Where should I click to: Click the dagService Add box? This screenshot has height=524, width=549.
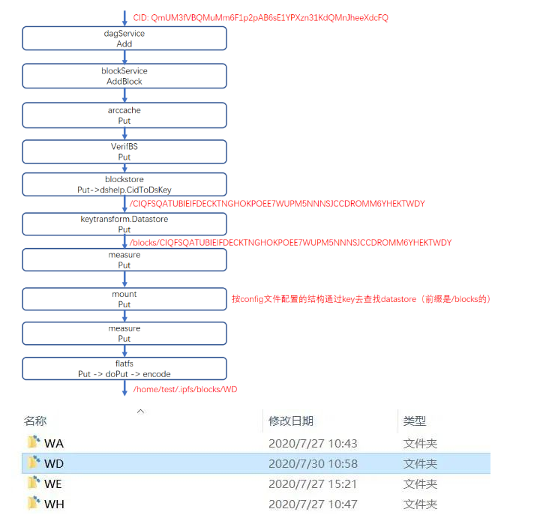(124, 39)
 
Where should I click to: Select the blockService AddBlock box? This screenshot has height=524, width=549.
(124, 76)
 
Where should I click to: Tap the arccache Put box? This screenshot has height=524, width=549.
(124, 115)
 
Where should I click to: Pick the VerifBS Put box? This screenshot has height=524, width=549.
(124, 151)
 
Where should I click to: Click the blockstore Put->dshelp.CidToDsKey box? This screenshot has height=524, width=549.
(124, 184)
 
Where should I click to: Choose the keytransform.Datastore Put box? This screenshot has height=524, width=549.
(124, 224)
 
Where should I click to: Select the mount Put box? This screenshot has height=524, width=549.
(124, 299)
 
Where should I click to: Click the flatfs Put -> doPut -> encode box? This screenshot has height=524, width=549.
(124, 368)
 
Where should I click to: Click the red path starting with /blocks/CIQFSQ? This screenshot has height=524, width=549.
(289, 243)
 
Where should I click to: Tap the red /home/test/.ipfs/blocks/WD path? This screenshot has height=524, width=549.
(185, 389)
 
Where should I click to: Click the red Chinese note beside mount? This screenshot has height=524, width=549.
(361, 299)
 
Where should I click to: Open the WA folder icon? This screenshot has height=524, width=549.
(33, 443)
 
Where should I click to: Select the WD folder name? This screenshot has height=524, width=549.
(54, 463)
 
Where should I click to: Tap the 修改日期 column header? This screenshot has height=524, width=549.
(291, 421)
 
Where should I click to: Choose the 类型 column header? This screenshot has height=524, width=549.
(415, 421)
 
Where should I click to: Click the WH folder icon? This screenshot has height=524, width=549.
(33, 504)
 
